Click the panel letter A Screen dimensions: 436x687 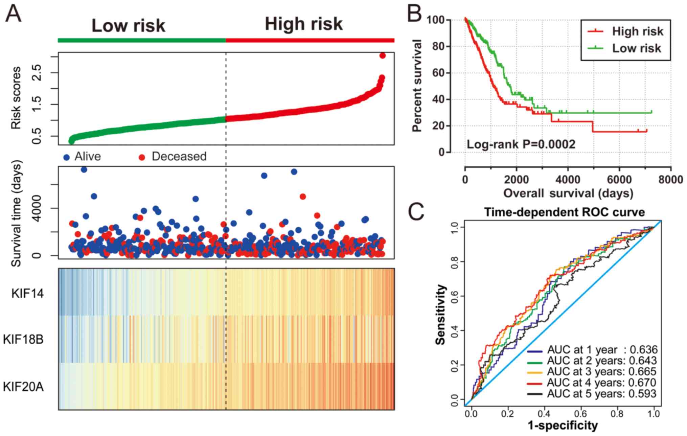pyautogui.click(x=14, y=14)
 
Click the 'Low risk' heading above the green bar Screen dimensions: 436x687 pyautogui.click(x=128, y=26)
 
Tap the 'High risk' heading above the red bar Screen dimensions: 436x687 pyautogui.click(x=303, y=24)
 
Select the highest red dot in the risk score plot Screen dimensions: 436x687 pyautogui.click(x=383, y=55)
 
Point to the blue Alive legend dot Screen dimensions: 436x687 pyautogui.click(x=67, y=157)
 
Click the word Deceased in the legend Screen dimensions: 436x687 pyautogui.click(x=179, y=156)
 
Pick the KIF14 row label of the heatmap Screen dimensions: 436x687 pyautogui.click(x=27, y=294)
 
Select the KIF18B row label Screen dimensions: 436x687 pyautogui.click(x=23, y=339)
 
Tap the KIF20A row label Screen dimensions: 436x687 pyautogui.click(x=23, y=386)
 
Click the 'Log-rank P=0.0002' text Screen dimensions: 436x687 pyautogui.click(x=521, y=144)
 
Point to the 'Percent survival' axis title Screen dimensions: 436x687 pyautogui.click(x=417, y=86)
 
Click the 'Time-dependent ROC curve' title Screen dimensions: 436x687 pyautogui.click(x=564, y=212)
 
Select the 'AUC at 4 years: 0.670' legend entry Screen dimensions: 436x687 pyautogui.click(x=601, y=383)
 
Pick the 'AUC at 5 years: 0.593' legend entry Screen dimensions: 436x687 pyautogui.click(x=601, y=394)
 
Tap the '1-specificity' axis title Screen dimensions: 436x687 pyautogui.click(x=563, y=425)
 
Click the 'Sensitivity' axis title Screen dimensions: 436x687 pyautogui.click(x=440, y=315)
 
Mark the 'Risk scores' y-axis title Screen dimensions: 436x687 pyautogui.click(x=16, y=98)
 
